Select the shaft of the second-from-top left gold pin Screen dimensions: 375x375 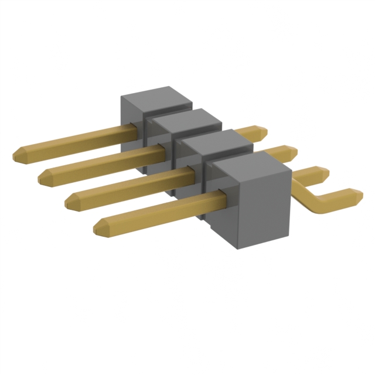tap(100, 162)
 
